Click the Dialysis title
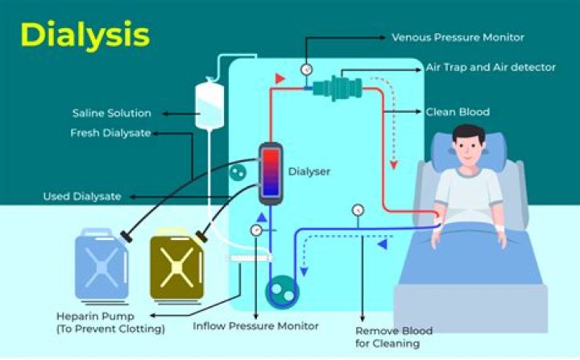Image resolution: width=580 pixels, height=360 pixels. coord(85,35)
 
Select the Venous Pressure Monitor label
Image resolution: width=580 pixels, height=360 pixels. coord(458,37)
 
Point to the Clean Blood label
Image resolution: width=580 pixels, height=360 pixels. coord(458,112)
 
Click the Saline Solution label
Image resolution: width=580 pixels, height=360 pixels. coord(111,113)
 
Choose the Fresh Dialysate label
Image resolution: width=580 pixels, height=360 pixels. coord(110,133)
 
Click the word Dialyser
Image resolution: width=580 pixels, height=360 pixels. coord(309,172)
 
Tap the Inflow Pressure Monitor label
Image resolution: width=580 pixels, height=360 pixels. coord(256,326)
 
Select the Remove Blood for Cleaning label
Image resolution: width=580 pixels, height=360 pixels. coord(394,337)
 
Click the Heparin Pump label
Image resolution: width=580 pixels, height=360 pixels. coord(110,321)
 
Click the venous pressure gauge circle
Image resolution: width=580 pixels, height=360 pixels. coord(306,69)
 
